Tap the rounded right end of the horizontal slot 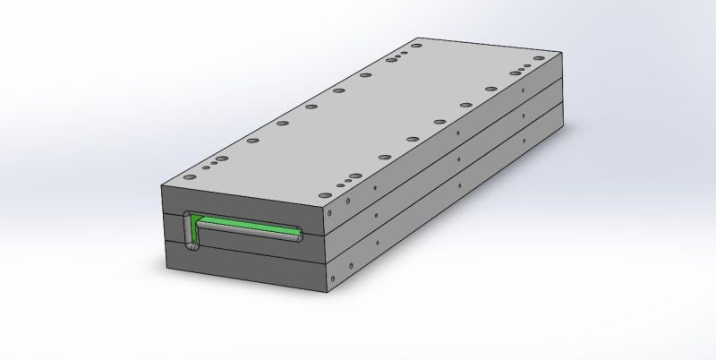(299, 237)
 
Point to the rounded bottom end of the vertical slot (189, 244)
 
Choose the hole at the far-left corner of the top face (414, 43)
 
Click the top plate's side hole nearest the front (331, 215)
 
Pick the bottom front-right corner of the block (326, 295)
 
